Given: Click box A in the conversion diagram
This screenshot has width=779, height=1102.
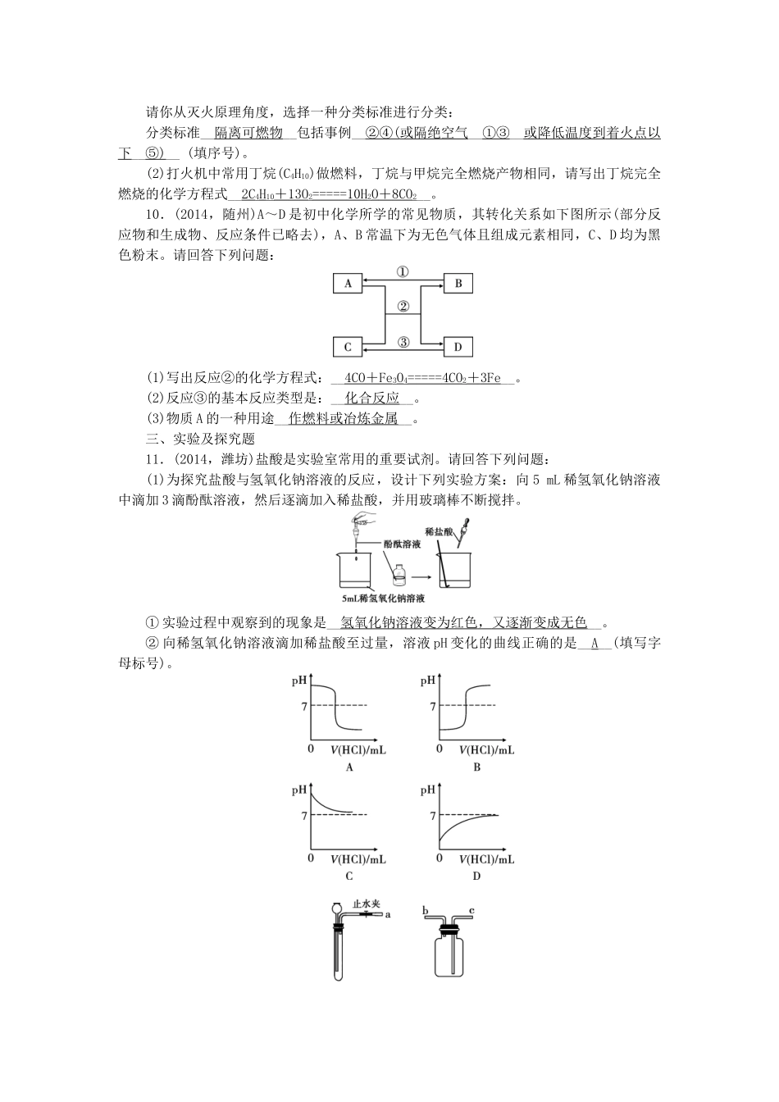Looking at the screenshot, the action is click(x=348, y=284).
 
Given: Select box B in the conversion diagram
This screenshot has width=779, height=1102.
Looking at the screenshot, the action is click(x=458, y=284).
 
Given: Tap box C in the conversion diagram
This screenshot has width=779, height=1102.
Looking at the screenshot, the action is click(x=348, y=347).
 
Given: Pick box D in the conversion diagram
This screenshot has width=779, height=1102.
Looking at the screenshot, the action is click(x=458, y=347).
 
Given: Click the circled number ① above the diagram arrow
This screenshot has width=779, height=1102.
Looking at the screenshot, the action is click(x=403, y=272).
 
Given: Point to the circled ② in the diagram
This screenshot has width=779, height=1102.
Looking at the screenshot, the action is click(x=403, y=307).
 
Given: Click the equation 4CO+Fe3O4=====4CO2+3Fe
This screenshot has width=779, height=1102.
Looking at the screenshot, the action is click(x=422, y=378).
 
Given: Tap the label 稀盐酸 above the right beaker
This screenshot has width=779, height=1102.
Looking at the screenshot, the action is click(x=440, y=532).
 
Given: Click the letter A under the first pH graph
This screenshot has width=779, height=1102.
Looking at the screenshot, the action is click(x=349, y=767).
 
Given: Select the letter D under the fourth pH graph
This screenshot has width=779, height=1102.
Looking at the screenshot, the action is click(x=476, y=876).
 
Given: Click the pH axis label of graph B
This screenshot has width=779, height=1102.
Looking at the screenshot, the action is click(x=427, y=681).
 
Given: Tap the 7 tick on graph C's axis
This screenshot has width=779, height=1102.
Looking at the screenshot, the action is click(x=304, y=816).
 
